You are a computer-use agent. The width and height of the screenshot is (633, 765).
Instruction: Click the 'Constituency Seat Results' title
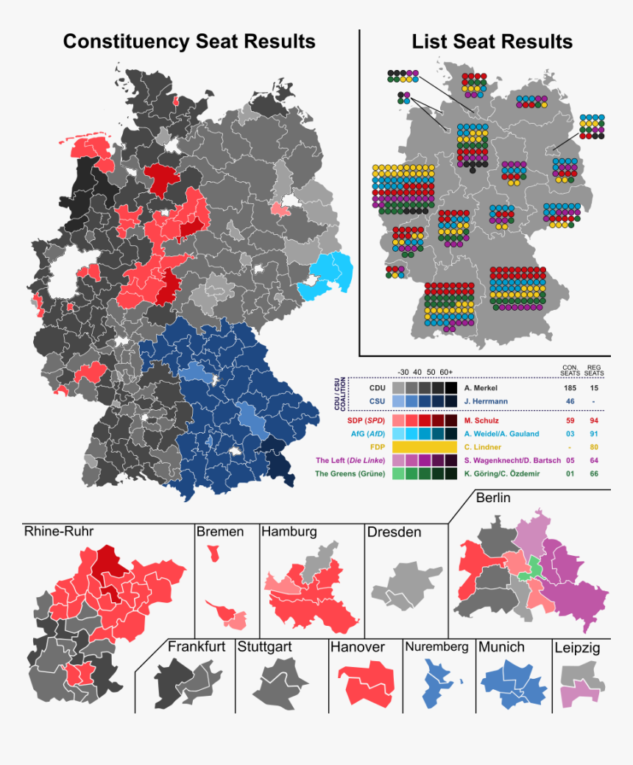pos(189,41)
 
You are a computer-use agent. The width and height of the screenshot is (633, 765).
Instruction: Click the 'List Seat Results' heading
pos(492,41)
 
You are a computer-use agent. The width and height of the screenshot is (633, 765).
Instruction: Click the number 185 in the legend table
pos(570,387)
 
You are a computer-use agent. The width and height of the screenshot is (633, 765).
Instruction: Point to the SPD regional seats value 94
pos(594,420)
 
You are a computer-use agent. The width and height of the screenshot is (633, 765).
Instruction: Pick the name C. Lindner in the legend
pos(483,447)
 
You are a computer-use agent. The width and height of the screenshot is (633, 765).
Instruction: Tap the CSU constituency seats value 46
pos(570,401)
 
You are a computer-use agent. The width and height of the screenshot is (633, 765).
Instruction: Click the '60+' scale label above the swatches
pos(445,372)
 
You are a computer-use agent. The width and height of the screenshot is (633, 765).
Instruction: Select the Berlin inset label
pos(493,498)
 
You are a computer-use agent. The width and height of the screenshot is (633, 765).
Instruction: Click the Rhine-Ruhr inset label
pos(59,532)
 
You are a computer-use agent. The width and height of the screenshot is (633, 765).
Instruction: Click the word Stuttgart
pos(264,647)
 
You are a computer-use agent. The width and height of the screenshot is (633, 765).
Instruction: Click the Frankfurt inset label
pos(197,647)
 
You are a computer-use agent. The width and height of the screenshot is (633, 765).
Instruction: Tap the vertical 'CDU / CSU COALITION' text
pos(341,394)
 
